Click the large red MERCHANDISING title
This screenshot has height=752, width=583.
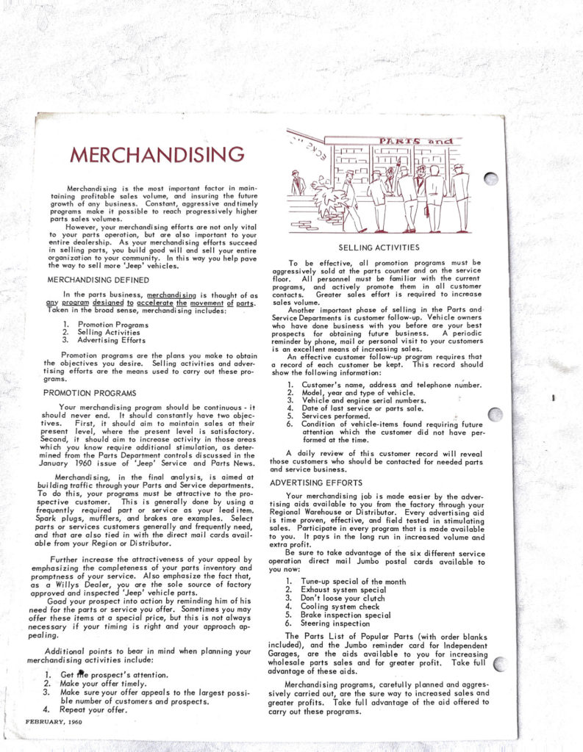(x=156, y=155)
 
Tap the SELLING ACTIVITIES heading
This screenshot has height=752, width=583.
(x=378, y=248)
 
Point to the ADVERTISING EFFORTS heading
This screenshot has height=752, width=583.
(x=315, y=482)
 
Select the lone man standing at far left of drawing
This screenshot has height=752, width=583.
(x=296, y=183)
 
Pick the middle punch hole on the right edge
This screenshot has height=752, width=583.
(x=495, y=415)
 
